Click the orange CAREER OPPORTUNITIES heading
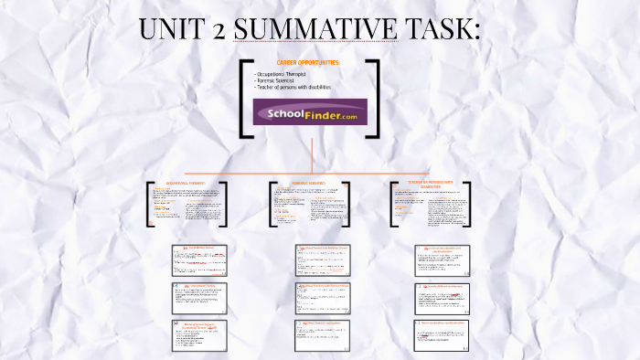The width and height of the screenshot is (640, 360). coord(307,63)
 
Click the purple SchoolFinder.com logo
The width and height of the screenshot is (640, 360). coord(310,111)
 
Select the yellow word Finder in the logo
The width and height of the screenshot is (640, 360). coord(316,111)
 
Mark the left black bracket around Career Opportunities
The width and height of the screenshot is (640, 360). coord(244,98)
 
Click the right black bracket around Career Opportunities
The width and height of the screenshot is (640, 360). coord(375,98)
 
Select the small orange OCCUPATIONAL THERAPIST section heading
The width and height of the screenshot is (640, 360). coord(186,184)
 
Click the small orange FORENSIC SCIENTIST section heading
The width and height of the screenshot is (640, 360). coord(309,183)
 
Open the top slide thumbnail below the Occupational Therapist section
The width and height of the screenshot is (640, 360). coord(199,259)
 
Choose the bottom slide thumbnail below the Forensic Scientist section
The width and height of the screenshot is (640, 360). coord(322,334)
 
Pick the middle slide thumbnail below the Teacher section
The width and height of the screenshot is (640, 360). coord(443,297)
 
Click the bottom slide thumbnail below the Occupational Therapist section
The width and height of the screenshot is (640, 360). coord(199,335)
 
